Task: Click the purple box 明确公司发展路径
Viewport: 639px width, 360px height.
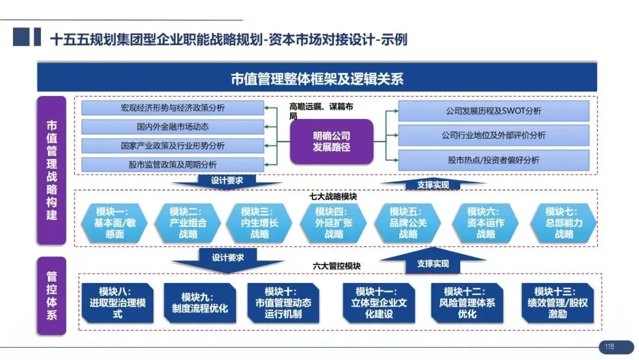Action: (331, 141)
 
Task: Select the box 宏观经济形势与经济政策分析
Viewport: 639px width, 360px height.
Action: (173, 108)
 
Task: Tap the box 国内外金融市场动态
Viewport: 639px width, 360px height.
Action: (173, 127)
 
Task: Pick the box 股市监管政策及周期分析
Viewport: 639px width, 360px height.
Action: (173, 164)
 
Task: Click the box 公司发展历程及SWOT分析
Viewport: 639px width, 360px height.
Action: (493, 111)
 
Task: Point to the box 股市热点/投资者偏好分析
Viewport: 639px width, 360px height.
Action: (493, 160)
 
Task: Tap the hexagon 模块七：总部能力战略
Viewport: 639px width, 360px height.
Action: (564, 223)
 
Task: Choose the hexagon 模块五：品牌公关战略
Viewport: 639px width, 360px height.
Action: (408, 223)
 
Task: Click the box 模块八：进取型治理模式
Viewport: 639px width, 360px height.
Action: (118, 303)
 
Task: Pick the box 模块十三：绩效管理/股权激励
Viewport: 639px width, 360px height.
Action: (553, 303)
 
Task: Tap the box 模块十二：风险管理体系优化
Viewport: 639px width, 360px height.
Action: (467, 303)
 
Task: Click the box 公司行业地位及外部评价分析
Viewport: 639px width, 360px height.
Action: (493, 135)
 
